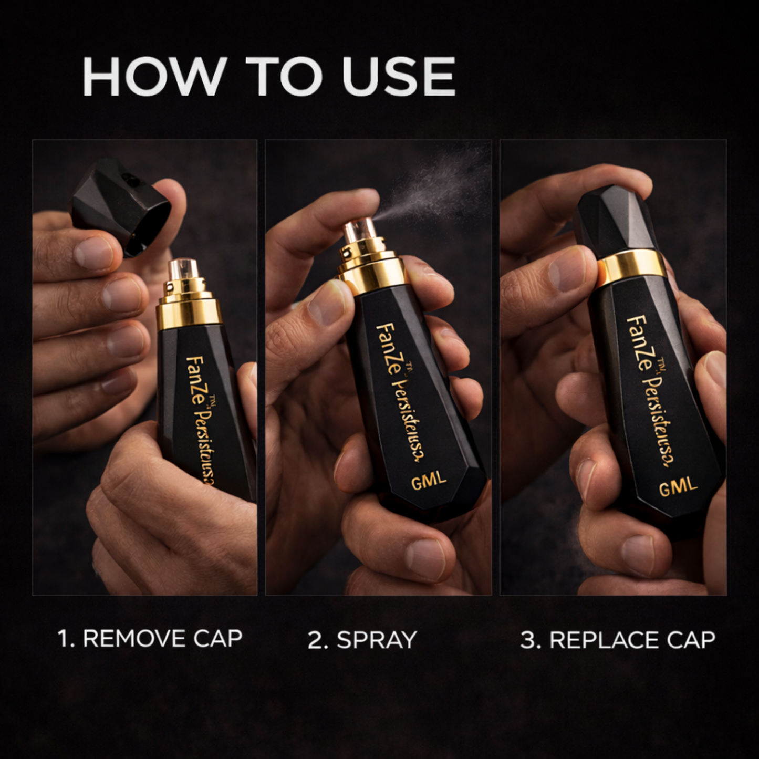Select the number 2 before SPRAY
pyautogui.click(x=317, y=640)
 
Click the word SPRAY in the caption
pyautogui.click(x=376, y=640)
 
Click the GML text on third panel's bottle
pyautogui.click(x=678, y=487)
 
